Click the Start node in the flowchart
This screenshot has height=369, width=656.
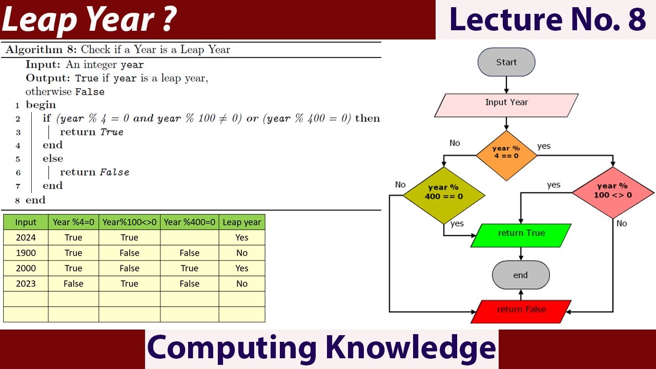click(x=506, y=63)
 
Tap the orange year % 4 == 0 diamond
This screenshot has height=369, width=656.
click(x=506, y=152)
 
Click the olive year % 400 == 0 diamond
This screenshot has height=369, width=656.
click(x=444, y=193)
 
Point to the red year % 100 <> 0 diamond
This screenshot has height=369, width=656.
click(x=612, y=192)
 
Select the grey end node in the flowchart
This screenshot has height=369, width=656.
click(x=521, y=275)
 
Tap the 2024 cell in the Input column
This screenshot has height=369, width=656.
click(x=26, y=238)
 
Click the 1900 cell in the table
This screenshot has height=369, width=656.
click(x=26, y=253)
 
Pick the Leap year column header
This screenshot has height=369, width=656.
click(x=242, y=222)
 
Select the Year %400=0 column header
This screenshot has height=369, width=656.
click(x=189, y=222)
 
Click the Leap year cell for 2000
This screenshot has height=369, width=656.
click(x=242, y=269)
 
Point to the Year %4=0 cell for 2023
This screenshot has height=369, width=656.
click(x=73, y=284)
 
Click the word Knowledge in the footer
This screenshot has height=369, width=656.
click(x=410, y=348)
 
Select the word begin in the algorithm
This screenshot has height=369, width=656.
click(x=40, y=105)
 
